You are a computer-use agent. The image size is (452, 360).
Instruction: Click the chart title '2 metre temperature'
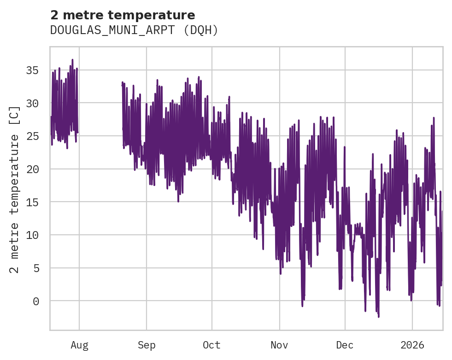(123, 15)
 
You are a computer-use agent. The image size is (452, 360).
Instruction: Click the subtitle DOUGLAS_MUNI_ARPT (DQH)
(134, 30)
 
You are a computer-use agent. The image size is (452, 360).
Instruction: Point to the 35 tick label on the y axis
(32, 70)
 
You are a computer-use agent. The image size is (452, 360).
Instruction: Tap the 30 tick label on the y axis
(32, 103)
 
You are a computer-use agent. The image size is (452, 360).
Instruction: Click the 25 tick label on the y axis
(32, 136)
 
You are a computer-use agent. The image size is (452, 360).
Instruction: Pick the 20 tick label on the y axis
(32, 169)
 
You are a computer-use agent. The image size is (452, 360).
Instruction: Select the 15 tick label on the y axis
(32, 202)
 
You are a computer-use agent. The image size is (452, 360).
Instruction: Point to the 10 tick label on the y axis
(32, 235)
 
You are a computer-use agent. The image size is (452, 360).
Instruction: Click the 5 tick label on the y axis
(36, 268)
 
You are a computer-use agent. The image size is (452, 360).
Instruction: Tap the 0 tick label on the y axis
(36, 301)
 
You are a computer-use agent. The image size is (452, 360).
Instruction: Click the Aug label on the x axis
(79, 345)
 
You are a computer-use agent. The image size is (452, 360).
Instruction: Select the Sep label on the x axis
(147, 345)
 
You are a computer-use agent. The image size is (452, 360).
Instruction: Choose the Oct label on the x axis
(211, 345)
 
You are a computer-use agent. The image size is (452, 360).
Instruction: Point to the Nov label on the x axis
(279, 345)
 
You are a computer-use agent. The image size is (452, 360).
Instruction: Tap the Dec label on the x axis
(345, 345)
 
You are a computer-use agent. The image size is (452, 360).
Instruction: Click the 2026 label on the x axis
(412, 345)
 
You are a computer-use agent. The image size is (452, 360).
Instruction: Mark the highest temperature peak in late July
(72, 60)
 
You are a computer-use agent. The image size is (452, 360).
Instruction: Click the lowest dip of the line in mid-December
(379, 316)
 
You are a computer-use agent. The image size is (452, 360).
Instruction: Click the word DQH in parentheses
(203, 30)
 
